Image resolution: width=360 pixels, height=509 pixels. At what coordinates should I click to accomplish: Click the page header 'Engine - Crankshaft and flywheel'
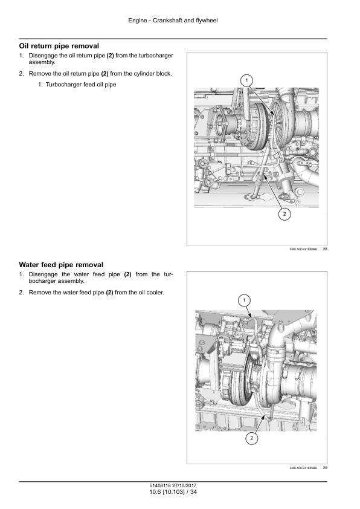click(x=173, y=21)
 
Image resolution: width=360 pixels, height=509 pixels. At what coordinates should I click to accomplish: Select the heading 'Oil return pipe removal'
click(x=59, y=46)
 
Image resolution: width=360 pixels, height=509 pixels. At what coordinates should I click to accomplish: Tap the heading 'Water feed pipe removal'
click(x=61, y=265)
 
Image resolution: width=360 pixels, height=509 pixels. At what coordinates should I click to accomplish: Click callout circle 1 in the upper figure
click(x=246, y=80)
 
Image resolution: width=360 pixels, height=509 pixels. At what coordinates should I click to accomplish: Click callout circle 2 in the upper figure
click(x=284, y=214)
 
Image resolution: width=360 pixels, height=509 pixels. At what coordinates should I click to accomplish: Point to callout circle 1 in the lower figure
click(x=244, y=300)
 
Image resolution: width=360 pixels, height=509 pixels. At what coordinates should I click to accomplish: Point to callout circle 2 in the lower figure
click(x=252, y=439)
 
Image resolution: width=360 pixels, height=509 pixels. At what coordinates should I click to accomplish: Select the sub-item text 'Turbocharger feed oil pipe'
click(x=81, y=85)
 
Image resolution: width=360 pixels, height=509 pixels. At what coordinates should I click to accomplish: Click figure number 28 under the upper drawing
click(x=325, y=249)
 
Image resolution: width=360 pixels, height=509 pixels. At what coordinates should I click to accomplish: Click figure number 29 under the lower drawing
click(x=325, y=468)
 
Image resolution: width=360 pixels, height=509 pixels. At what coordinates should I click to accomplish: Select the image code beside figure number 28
click(x=303, y=249)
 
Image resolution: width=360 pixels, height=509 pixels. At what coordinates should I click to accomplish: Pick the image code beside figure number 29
click(x=303, y=468)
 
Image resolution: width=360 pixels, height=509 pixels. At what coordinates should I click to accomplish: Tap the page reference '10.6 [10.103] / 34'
click(x=173, y=492)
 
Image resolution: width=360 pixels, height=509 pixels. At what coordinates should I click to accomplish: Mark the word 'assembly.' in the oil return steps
click(x=42, y=62)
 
